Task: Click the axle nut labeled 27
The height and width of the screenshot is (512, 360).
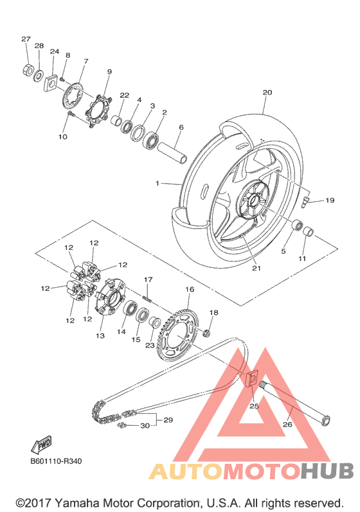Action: (28, 69)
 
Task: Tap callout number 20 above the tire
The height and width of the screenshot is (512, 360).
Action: (267, 93)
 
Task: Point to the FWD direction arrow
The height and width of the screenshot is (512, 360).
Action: (41, 445)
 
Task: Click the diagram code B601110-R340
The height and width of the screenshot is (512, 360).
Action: (56, 461)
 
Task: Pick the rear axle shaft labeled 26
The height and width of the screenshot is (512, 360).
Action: (294, 404)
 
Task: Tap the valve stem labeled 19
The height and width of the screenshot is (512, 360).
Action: (305, 200)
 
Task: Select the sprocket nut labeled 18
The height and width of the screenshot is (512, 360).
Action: (206, 333)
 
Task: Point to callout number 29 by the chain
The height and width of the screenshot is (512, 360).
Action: (168, 419)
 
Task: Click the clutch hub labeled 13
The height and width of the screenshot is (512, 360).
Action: (109, 297)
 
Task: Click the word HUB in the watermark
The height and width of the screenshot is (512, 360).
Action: (327, 471)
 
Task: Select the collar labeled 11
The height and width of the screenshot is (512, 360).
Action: (308, 231)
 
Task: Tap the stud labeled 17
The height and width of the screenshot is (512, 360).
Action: (147, 298)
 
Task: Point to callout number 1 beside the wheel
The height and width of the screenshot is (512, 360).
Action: (157, 184)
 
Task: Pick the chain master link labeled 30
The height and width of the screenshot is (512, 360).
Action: (123, 425)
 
